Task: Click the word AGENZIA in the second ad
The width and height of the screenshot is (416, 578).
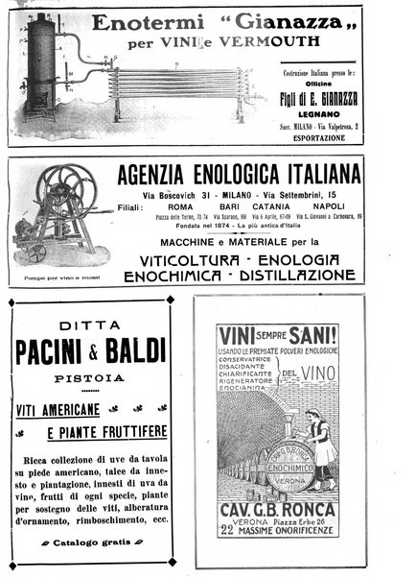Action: (x=159, y=176)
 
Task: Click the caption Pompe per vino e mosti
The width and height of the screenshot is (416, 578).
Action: (x=56, y=275)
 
